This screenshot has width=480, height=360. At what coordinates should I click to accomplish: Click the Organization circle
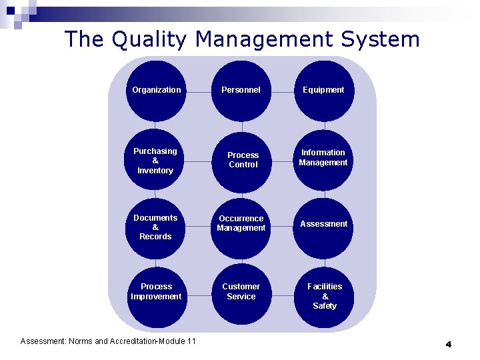156,90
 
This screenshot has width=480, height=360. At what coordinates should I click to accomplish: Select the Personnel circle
241,90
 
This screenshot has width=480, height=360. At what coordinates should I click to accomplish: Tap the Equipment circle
323,90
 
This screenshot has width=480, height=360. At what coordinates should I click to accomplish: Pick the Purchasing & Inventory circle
156,161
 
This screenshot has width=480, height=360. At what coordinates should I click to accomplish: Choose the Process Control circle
242,160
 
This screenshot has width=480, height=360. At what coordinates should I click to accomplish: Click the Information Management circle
323,158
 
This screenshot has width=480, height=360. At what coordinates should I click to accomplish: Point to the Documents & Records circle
156,227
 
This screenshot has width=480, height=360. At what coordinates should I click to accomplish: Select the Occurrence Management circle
241,224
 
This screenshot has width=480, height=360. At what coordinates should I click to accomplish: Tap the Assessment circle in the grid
323,224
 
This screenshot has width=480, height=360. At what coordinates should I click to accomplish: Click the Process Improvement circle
156,292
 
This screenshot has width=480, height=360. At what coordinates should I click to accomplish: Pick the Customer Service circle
241,292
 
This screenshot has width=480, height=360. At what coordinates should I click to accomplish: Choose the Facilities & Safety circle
324,296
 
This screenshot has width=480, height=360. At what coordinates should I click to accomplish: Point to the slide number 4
448,344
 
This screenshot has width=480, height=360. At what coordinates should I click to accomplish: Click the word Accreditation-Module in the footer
155,341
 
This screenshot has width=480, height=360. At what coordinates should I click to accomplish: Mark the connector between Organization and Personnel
199,90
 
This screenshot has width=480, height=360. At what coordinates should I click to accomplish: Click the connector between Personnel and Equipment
283,90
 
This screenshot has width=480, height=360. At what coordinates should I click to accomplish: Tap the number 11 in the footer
191,341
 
